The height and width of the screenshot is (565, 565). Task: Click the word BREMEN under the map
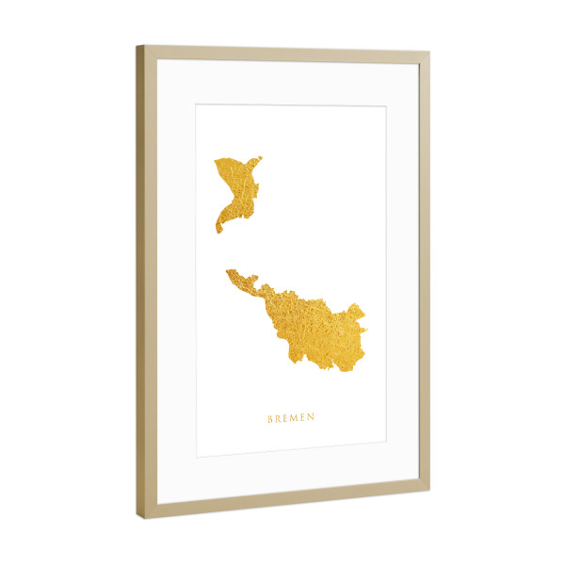pyautogui.click(x=291, y=415)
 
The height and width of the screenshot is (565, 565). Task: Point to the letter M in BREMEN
pyautogui.click(x=293, y=415)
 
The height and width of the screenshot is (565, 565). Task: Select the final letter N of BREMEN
pyautogui.click(x=312, y=415)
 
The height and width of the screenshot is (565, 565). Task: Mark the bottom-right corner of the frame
pyautogui.click(x=428, y=490)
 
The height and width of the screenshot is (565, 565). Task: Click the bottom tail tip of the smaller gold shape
pyautogui.click(x=218, y=232)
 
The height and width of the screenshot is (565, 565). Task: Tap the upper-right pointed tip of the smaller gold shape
pyautogui.click(x=260, y=158)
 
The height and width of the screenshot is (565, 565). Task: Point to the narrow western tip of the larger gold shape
pyautogui.click(x=228, y=272)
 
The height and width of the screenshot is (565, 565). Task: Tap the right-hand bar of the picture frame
pyautogui.click(x=423, y=273)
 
